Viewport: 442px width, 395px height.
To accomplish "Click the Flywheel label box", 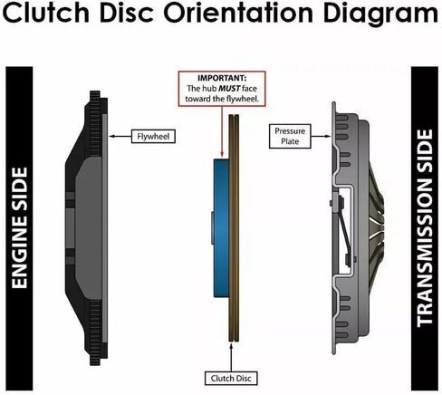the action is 153,137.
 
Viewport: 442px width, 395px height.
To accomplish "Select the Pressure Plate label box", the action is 290,136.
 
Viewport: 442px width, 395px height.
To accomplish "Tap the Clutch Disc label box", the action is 231,379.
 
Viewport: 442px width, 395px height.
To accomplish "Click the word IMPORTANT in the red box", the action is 222,78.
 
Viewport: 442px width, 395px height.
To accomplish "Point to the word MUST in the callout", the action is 229,89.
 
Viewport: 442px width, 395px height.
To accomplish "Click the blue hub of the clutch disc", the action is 221,228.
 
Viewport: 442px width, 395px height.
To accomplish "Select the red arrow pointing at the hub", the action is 222,132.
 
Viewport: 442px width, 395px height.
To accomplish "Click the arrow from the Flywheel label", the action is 120,137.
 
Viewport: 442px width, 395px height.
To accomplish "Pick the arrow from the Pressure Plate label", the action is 321,136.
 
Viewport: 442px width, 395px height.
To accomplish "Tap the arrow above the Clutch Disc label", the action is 231,357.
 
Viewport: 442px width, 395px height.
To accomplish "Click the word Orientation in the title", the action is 238,13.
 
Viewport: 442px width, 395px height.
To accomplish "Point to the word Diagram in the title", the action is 380,14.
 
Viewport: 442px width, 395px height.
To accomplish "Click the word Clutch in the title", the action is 46,13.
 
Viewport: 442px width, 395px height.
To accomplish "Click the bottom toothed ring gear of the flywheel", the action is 95,332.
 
